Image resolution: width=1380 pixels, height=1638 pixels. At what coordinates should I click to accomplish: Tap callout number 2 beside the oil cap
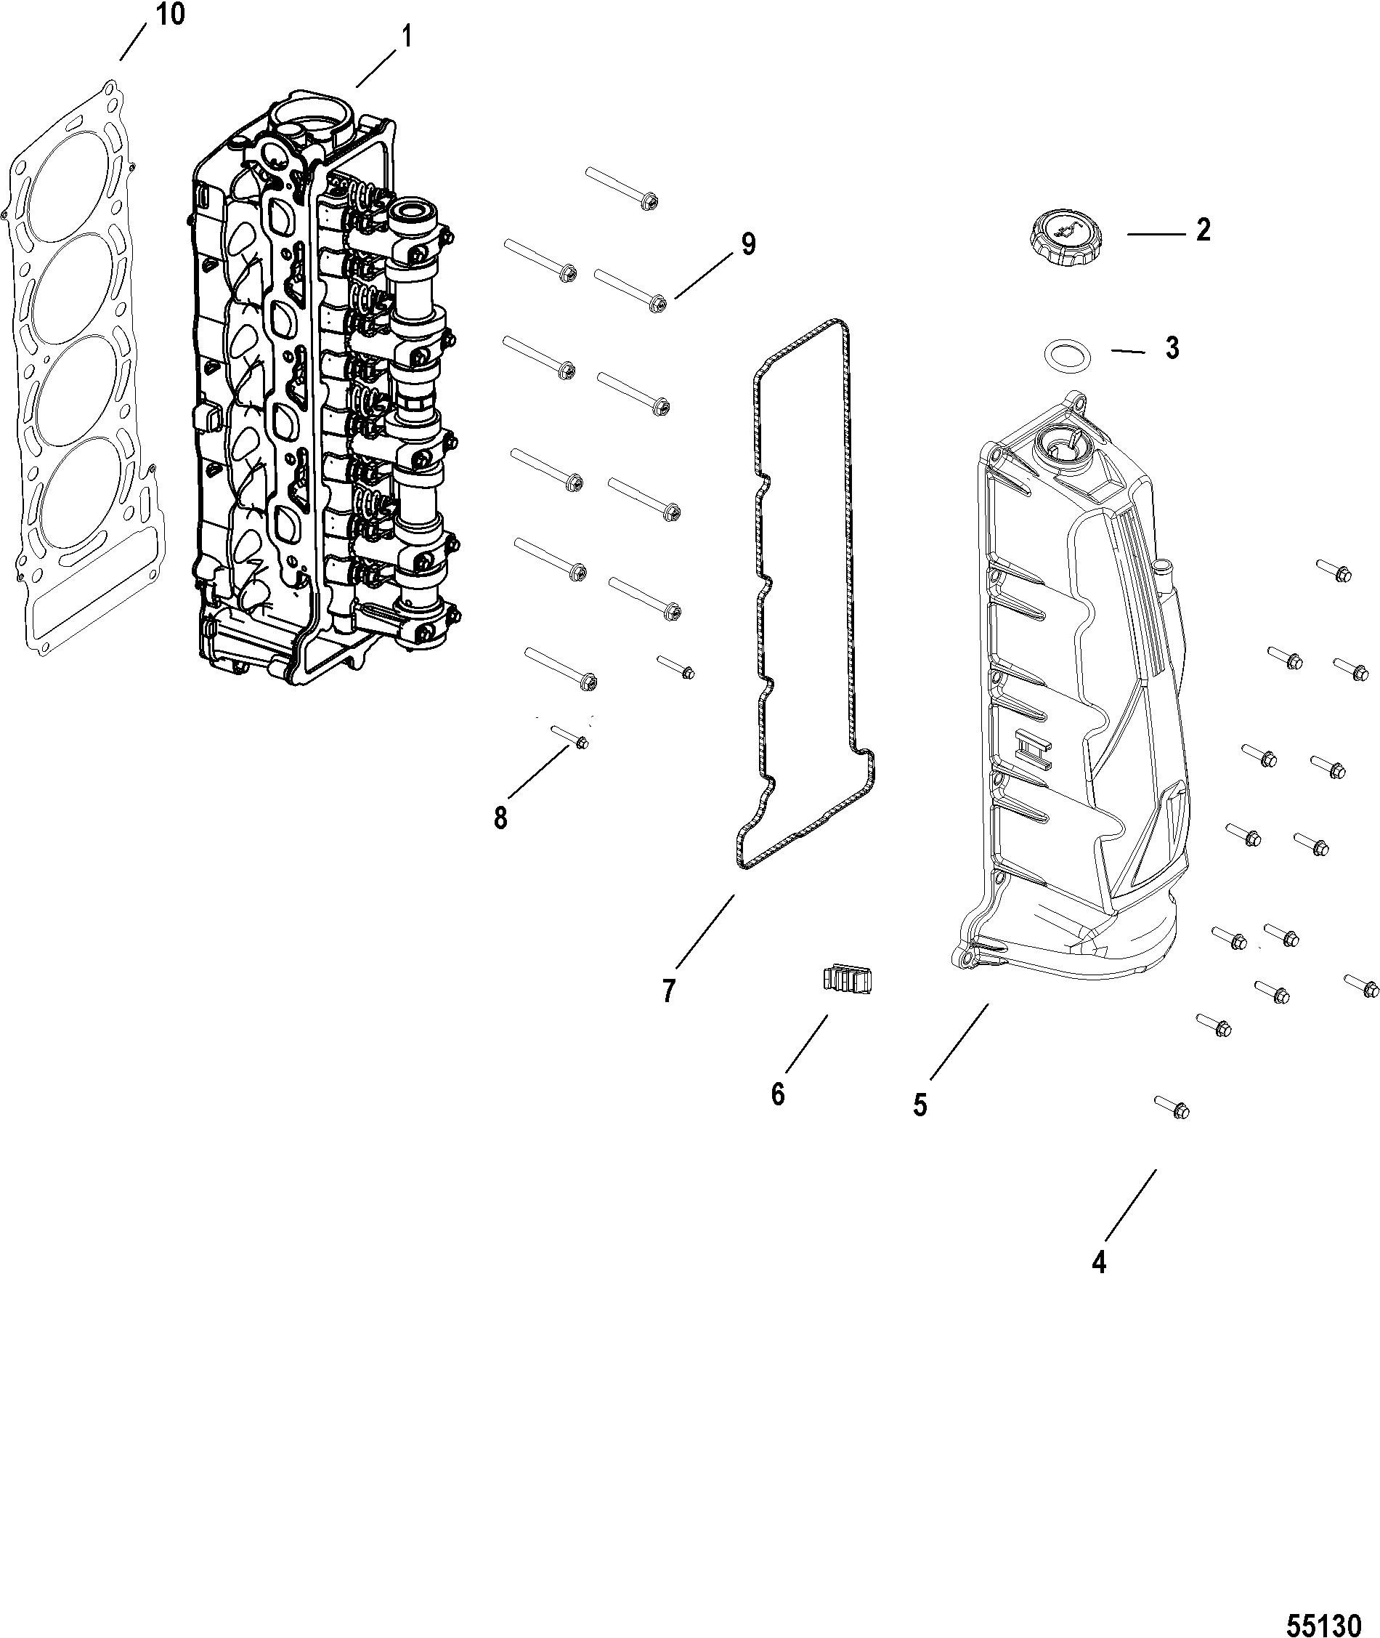(1202, 230)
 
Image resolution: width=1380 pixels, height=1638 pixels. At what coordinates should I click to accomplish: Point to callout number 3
(1172, 348)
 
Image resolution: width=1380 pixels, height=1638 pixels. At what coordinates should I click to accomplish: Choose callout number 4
(1099, 1262)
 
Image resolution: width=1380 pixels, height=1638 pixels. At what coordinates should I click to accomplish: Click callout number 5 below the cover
(920, 1105)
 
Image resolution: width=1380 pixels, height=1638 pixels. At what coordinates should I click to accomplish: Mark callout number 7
(668, 991)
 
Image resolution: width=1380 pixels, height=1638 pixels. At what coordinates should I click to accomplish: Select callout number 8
(500, 818)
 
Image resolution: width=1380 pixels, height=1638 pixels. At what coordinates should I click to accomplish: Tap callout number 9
(749, 245)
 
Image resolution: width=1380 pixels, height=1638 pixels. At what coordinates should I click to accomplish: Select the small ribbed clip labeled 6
(846, 979)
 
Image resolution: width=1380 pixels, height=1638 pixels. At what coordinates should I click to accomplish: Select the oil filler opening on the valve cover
(1058, 449)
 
